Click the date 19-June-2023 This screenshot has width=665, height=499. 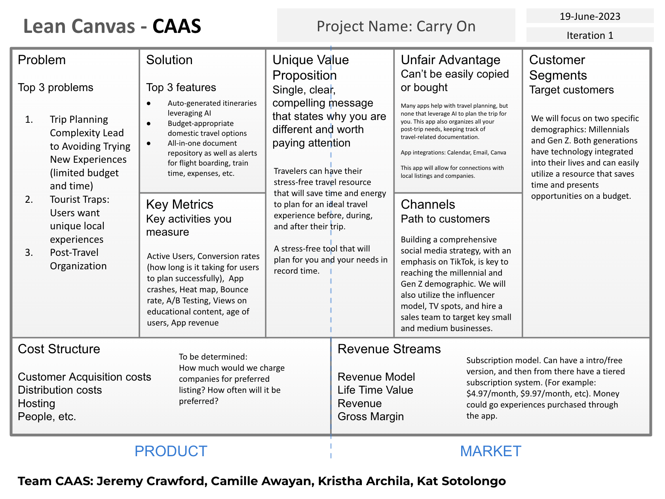[x=590, y=16]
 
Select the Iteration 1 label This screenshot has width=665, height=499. [x=590, y=35]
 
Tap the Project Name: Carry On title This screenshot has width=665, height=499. [x=396, y=26]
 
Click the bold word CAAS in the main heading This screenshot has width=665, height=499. [x=177, y=26]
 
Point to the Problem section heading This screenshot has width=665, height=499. [x=42, y=60]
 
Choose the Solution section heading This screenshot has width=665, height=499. [x=169, y=60]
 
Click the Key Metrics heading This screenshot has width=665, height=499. [x=179, y=204]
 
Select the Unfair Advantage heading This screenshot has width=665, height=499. [x=450, y=60]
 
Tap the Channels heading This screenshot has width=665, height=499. [x=427, y=204]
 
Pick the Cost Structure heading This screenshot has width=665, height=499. [x=59, y=349]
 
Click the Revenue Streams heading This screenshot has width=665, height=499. [x=389, y=349]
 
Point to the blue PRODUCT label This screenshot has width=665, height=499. [x=171, y=451]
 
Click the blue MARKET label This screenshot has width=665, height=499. [x=490, y=451]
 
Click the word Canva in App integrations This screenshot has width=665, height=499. [x=498, y=152]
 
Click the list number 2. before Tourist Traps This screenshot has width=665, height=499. [x=29, y=200]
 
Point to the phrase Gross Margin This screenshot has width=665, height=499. [x=370, y=417]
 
